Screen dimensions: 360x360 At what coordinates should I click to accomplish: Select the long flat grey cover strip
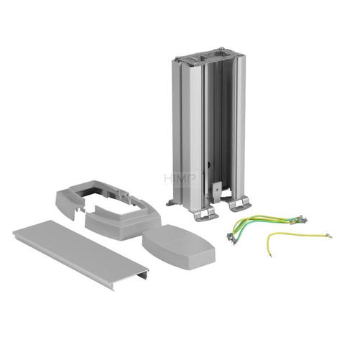click(79, 251)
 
